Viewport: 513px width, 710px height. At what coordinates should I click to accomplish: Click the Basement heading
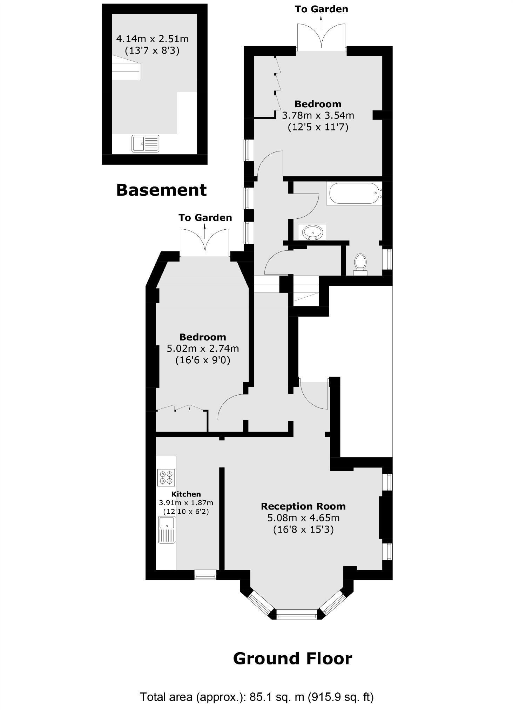pyautogui.click(x=161, y=190)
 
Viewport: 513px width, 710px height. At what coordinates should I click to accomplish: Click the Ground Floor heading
pyautogui.click(x=292, y=658)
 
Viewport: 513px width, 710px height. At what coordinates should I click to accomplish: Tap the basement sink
pyautogui.click(x=145, y=144)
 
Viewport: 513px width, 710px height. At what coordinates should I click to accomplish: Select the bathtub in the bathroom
pyautogui.click(x=354, y=193)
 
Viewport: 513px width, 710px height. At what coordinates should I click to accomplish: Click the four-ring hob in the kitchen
pyautogui.click(x=166, y=478)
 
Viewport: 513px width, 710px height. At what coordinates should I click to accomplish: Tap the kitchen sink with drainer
pyautogui.click(x=167, y=529)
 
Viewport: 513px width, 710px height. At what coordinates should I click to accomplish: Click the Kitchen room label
pyautogui.click(x=186, y=494)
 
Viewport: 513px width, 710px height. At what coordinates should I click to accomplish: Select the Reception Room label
pyautogui.click(x=303, y=506)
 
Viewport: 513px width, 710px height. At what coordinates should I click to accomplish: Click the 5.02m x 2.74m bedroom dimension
pyautogui.click(x=203, y=349)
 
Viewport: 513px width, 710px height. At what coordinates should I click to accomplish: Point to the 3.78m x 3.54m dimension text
pyautogui.click(x=318, y=115)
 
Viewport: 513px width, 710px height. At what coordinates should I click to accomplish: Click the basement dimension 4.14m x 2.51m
pyautogui.click(x=152, y=38)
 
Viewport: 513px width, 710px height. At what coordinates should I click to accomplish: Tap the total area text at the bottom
pyautogui.click(x=257, y=697)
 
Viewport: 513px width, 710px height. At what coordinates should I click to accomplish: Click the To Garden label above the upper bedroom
pyautogui.click(x=321, y=9)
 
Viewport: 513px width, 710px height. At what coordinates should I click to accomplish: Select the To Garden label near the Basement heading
pyautogui.click(x=205, y=218)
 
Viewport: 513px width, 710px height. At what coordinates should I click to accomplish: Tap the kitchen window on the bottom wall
pyautogui.click(x=205, y=575)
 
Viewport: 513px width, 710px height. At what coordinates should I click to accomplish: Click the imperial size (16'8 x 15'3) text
pyautogui.click(x=303, y=529)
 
